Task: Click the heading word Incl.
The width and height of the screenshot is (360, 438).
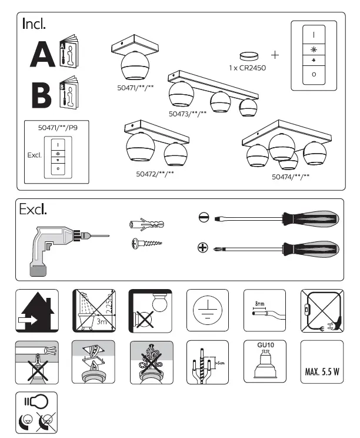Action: tap(34, 24)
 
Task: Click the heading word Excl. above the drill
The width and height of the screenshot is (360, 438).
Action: tap(33, 210)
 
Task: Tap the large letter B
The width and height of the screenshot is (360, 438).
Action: tap(42, 94)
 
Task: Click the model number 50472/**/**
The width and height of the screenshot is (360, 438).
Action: tap(155, 174)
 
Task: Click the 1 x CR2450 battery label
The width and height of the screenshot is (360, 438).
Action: tap(246, 68)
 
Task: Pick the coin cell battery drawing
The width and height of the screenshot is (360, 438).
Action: tap(250, 55)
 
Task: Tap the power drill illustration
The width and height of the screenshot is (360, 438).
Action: tap(59, 247)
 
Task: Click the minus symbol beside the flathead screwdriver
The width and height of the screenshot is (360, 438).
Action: tap(203, 218)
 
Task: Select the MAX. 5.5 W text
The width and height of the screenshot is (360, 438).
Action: tap(321, 372)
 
